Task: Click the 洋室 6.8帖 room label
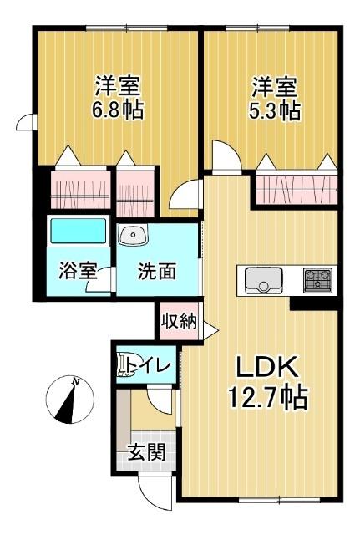click(x=117, y=99)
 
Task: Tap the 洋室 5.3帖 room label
click(x=275, y=99)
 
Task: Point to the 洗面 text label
click(x=156, y=272)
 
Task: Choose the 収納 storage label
click(x=179, y=321)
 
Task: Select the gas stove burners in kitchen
click(x=317, y=278)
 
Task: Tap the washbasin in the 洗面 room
click(x=132, y=236)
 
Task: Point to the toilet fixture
click(x=128, y=365)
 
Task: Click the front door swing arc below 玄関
click(x=153, y=492)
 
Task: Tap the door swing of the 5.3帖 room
click(x=225, y=156)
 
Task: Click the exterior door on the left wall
click(x=24, y=124)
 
